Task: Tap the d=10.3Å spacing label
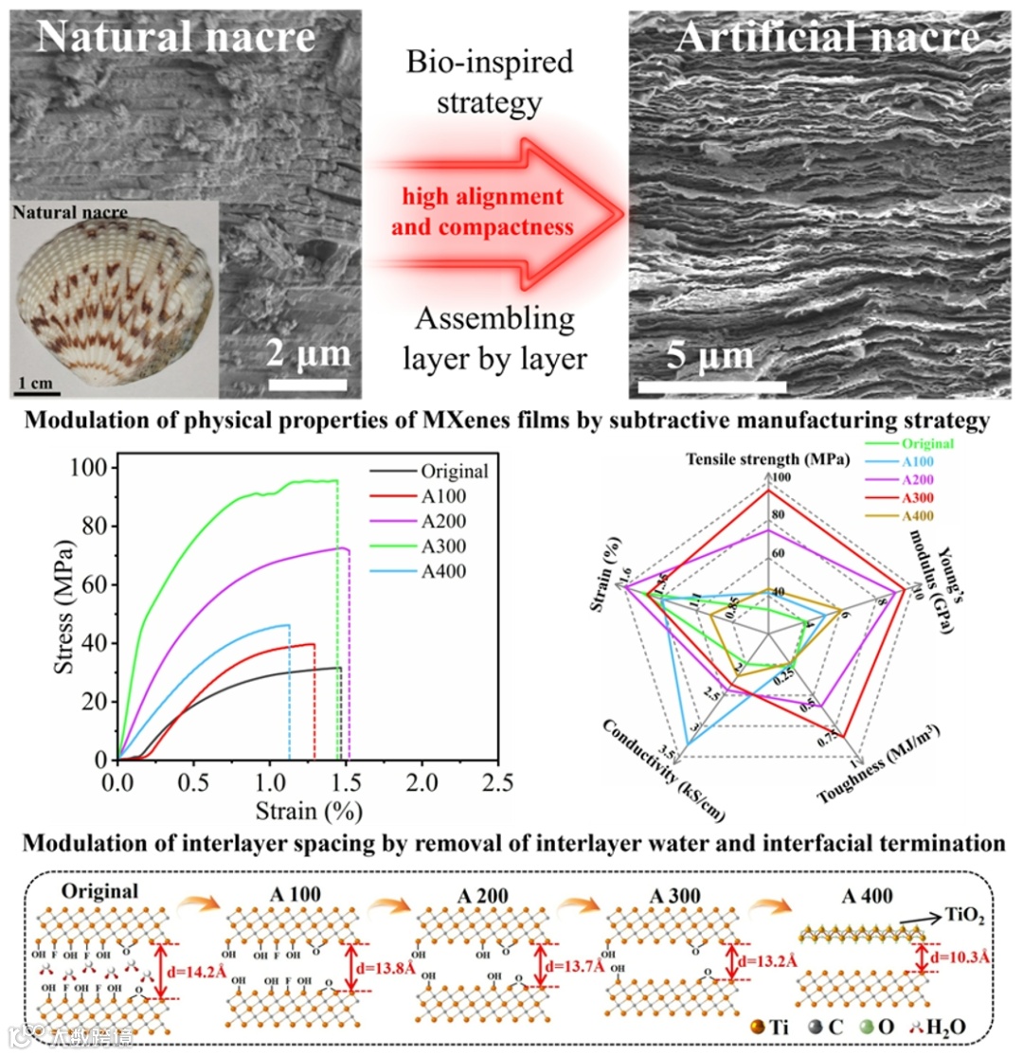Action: [957, 958]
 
